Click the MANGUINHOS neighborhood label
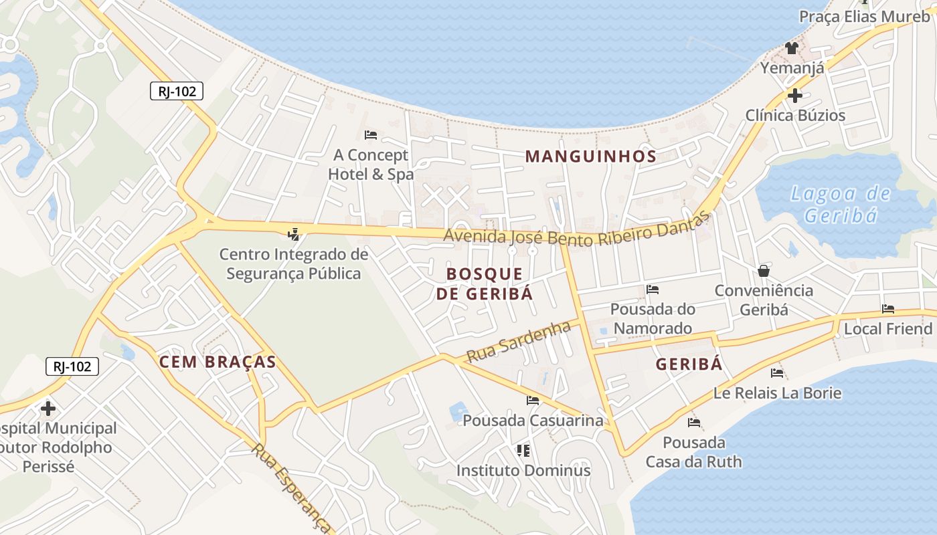pos(590,156)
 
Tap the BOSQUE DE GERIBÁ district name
pos(485,284)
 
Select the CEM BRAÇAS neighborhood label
pos(218,362)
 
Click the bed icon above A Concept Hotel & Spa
pos(371,135)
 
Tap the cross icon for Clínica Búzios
pos(795,96)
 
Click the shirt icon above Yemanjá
pos(792,47)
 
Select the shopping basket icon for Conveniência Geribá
pos(764,271)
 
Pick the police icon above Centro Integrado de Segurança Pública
pos(293,234)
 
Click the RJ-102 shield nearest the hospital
pos(72,366)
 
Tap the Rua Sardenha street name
pos(519,341)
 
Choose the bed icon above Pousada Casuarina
pos(533,401)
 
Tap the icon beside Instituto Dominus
pos(523,451)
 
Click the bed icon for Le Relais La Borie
pos(777,373)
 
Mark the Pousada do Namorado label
pos(653,318)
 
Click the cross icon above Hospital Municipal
pos(48,408)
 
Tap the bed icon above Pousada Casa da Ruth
pos(694,423)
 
